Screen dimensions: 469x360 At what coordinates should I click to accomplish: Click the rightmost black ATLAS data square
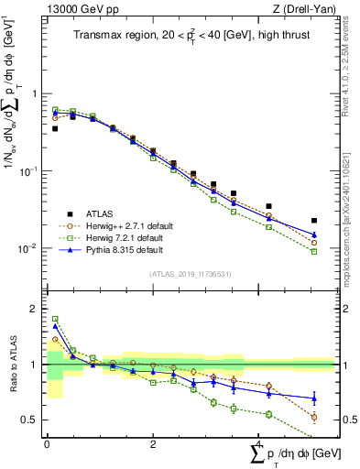point(314,221)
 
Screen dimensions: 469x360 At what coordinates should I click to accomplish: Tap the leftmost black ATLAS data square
point(55,129)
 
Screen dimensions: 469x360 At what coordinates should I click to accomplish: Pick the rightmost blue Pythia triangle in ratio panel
point(314,398)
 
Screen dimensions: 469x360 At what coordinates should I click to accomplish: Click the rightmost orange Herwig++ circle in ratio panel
point(314,418)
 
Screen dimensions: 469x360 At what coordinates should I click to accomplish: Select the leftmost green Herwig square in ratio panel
point(55,320)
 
